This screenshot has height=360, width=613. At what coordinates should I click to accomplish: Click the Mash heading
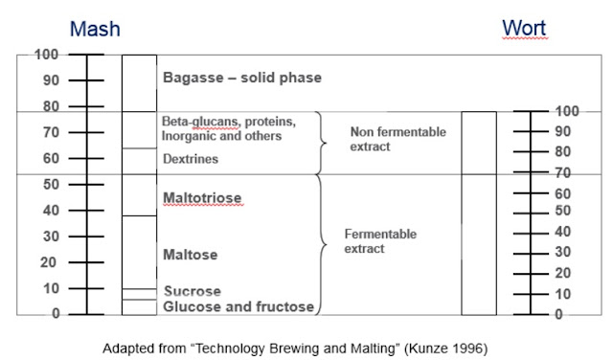click(x=95, y=29)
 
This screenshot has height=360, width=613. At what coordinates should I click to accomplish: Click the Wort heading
click(x=524, y=29)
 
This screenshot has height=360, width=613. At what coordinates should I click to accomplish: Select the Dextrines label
click(x=191, y=159)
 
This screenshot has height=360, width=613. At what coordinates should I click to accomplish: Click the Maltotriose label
click(x=202, y=198)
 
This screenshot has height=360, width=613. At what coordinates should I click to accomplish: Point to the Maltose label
click(x=190, y=255)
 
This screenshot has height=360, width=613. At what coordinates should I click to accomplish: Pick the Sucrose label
click(x=192, y=291)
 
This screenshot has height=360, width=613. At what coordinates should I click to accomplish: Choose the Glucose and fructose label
click(x=238, y=306)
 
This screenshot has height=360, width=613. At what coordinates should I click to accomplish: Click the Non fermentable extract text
click(x=385, y=139)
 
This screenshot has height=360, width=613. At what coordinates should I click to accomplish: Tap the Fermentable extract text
click(x=380, y=241)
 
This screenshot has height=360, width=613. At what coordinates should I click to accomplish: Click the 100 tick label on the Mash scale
click(x=46, y=55)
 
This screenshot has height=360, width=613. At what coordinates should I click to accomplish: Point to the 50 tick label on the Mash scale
click(x=52, y=184)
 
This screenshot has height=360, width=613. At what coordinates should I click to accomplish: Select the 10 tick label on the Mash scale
click(x=52, y=288)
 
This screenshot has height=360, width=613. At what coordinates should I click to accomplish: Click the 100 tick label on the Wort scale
click(x=566, y=112)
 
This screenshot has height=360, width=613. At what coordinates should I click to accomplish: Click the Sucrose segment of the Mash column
click(x=139, y=294)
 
